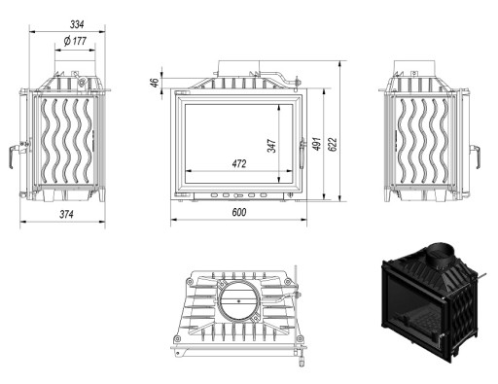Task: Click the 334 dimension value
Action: point(77,24)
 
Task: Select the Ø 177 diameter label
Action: point(75,41)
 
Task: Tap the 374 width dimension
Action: point(66,214)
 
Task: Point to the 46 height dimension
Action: point(155,83)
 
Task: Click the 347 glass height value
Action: point(271,146)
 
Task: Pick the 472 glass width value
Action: point(239,164)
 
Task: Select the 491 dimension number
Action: point(317,144)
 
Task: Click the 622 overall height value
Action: point(333,145)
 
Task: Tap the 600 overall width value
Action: point(239,212)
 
